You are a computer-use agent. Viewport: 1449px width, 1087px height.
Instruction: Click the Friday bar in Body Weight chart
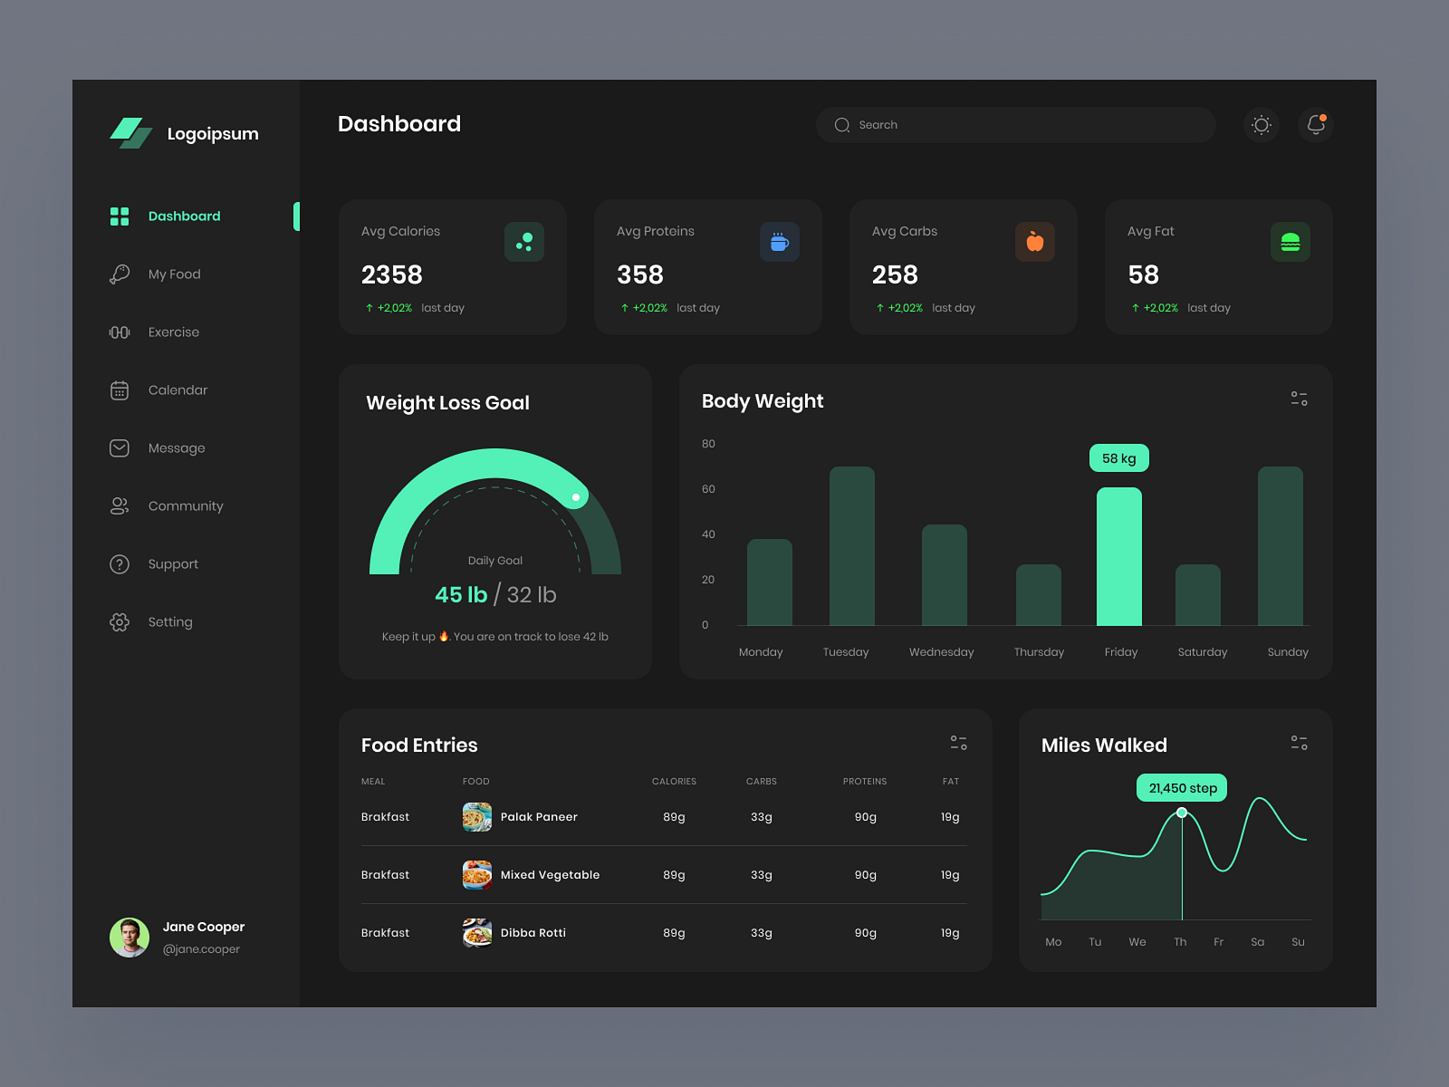[1119, 556]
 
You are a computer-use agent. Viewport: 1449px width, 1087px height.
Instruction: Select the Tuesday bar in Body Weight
[851, 545]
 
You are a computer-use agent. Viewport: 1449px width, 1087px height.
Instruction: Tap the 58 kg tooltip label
[1118, 458]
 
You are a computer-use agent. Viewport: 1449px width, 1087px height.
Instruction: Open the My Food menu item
[174, 274]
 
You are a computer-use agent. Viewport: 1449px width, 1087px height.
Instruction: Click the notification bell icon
[1316, 125]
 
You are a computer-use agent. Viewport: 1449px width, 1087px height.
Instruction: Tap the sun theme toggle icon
[1261, 125]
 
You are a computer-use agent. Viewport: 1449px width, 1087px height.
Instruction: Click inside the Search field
[1014, 125]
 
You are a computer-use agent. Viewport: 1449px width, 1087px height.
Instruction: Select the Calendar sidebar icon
[120, 390]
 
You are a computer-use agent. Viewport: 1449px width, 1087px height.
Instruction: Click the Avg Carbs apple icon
[1034, 242]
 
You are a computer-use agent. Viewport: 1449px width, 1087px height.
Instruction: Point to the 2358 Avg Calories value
[392, 274]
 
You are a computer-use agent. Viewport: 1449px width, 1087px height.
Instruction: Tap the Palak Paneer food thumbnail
[477, 817]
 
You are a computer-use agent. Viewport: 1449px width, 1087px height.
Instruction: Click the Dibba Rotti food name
[533, 933]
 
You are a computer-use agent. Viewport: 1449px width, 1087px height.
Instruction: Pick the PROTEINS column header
[864, 782]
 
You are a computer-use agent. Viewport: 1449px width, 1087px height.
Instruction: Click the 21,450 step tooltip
[1182, 788]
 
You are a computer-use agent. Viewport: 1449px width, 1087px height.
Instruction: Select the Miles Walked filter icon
[1299, 743]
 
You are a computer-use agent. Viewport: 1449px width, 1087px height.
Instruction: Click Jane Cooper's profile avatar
[130, 938]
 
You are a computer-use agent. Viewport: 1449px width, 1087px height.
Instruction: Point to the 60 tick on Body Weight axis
[708, 489]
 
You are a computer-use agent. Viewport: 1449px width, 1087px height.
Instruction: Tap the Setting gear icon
[120, 622]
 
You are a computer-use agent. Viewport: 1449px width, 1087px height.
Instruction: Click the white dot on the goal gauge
[576, 497]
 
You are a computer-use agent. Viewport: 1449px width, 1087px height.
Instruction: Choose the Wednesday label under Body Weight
[941, 652]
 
